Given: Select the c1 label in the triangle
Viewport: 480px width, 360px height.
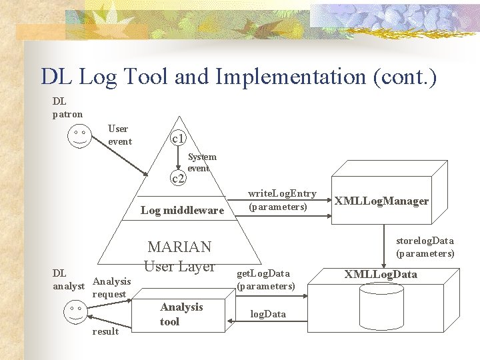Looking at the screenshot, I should click(178, 139).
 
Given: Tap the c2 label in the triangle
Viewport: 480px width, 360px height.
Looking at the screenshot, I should click(178, 178).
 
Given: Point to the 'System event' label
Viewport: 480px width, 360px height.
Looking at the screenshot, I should click(201, 163).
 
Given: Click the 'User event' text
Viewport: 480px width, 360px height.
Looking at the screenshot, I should click(119, 135).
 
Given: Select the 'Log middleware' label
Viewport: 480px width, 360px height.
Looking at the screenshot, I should click(182, 211).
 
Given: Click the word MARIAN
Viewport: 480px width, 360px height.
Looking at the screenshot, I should click(179, 247).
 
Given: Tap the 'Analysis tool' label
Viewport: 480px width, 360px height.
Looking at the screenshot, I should click(181, 314).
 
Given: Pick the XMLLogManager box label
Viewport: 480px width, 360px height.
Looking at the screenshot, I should click(381, 201).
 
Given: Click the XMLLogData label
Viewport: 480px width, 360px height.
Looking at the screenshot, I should click(381, 274).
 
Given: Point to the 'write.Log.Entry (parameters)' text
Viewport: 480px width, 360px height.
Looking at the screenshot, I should click(281, 200).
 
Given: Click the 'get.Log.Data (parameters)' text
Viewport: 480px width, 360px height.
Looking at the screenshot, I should click(265, 279).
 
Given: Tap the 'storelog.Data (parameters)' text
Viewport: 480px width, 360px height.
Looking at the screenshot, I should click(425, 247).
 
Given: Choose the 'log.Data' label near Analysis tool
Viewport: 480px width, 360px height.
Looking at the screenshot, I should click(267, 314).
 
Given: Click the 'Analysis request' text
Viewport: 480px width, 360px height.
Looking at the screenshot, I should click(111, 287).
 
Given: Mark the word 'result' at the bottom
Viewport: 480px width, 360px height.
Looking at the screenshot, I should click(106, 331).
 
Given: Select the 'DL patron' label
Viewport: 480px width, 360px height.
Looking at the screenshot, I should click(67, 107).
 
